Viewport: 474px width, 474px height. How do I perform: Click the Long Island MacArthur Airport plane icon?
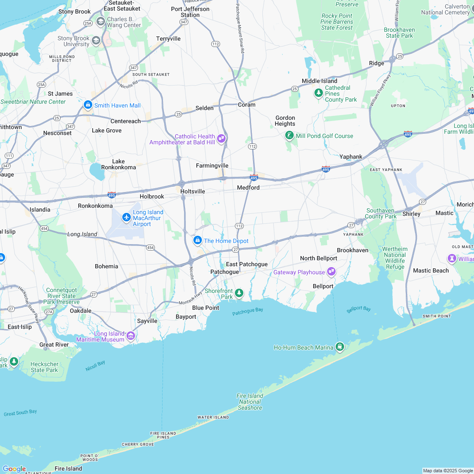point(126,218)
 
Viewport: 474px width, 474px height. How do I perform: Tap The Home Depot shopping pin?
point(197,240)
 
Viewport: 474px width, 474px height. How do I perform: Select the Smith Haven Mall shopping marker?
point(88,105)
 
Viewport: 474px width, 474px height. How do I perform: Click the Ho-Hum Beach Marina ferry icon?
point(339,347)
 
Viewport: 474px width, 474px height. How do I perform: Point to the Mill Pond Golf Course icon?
point(289,135)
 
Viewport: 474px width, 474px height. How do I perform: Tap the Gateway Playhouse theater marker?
point(331,271)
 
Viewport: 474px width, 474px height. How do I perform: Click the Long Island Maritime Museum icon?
point(131,336)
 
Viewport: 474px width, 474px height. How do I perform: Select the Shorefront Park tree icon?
point(239,293)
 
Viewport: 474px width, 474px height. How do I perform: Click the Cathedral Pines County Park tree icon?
point(318,93)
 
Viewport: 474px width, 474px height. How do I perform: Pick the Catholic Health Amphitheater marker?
point(221,138)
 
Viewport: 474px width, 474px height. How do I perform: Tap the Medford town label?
point(248,187)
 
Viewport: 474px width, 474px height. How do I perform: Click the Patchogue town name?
point(225,272)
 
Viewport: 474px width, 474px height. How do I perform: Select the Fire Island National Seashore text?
point(250,402)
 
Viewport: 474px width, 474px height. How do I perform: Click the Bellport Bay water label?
point(358,309)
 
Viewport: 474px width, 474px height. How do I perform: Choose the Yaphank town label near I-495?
point(351,157)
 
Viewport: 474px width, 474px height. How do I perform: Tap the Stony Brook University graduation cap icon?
point(96,40)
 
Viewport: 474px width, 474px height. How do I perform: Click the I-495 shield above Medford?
point(254,177)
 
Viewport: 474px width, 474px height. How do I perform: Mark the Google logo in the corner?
point(14,468)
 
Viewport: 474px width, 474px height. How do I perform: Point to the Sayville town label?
point(147,321)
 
